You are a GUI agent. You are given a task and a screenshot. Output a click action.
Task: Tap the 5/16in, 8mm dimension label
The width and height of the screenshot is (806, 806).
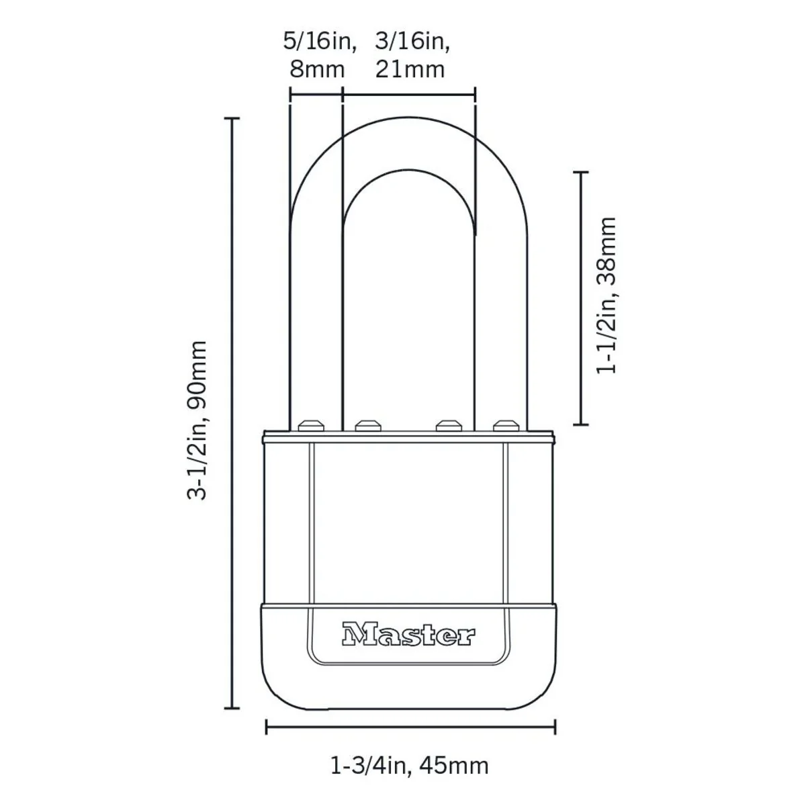317,56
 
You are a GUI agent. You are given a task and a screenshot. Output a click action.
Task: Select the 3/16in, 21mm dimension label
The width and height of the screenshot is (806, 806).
410,56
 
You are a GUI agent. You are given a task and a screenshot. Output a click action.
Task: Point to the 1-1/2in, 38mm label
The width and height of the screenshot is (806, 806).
606,296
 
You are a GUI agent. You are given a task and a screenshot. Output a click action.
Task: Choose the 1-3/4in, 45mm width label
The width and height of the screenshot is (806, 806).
410,765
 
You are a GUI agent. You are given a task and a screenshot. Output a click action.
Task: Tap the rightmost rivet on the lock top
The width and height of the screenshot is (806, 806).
504,425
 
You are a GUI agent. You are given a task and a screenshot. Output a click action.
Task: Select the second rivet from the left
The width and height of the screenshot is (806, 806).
366,425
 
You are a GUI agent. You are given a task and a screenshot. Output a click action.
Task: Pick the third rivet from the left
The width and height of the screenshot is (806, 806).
448,425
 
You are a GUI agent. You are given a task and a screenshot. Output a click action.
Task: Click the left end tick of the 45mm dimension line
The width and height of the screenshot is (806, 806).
267,726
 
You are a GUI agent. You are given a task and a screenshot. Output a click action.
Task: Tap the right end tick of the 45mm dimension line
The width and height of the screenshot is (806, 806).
555,726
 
